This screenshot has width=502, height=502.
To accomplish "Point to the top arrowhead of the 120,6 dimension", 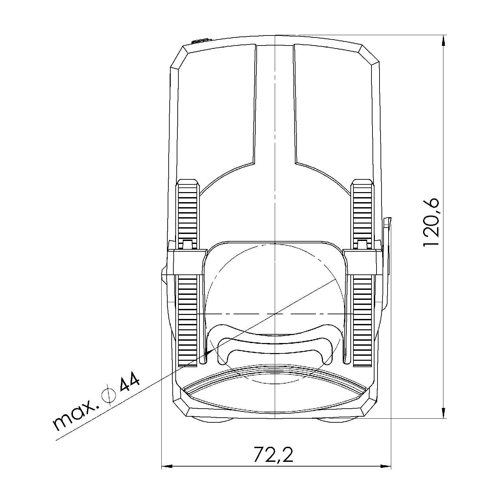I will coord(443,40).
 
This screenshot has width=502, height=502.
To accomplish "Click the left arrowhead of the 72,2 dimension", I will coord(167,466).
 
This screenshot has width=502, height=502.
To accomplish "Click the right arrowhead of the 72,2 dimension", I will coord(386,466).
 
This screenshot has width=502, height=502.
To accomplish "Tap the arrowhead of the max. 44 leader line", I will coord(207,352).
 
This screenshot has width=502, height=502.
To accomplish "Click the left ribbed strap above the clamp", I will coord(188,214).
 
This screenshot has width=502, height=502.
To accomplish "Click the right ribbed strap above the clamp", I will coord(362,214).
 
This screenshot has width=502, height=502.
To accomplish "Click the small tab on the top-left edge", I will coord(201,41).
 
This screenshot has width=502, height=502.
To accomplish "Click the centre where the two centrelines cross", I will coord(275,314).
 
